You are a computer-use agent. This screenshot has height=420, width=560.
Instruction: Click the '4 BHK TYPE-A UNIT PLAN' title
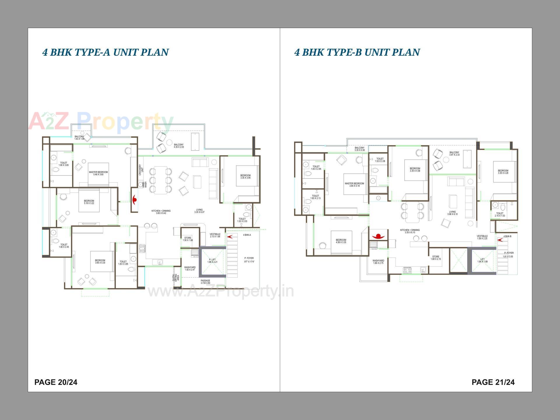[106, 52]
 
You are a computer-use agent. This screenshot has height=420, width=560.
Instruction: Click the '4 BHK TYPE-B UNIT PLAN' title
[357, 52]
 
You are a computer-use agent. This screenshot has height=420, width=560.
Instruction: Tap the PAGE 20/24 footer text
[56, 382]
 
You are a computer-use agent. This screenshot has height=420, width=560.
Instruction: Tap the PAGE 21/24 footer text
[493, 382]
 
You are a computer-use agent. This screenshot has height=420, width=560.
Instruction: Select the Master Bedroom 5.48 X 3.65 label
[98, 173]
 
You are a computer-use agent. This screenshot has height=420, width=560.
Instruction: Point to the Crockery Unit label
[141, 169]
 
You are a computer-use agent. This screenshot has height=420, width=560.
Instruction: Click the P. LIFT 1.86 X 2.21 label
[212, 261]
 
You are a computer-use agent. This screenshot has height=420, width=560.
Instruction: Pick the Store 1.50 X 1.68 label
[188, 239]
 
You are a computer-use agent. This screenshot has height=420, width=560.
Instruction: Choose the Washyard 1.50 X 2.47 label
[190, 268]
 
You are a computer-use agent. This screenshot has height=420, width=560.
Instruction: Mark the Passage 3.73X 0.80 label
[205, 282]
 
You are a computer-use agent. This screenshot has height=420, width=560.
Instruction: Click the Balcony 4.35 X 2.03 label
[179, 146]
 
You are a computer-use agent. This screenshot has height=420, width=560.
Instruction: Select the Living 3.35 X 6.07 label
[199, 211]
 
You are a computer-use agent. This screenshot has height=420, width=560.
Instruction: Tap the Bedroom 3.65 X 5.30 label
[100, 261]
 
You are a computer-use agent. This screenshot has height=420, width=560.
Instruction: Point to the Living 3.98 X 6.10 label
[452, 213]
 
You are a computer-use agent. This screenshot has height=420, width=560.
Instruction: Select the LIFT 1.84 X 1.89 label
[482, 260]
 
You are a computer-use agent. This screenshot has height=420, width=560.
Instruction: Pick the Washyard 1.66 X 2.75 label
[378, 262]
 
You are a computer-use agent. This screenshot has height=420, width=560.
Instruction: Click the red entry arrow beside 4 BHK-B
[500, 240]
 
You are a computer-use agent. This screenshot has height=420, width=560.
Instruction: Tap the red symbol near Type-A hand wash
[134, 200]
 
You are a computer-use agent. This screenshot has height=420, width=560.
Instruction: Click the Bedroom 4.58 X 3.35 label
[341, 241]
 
